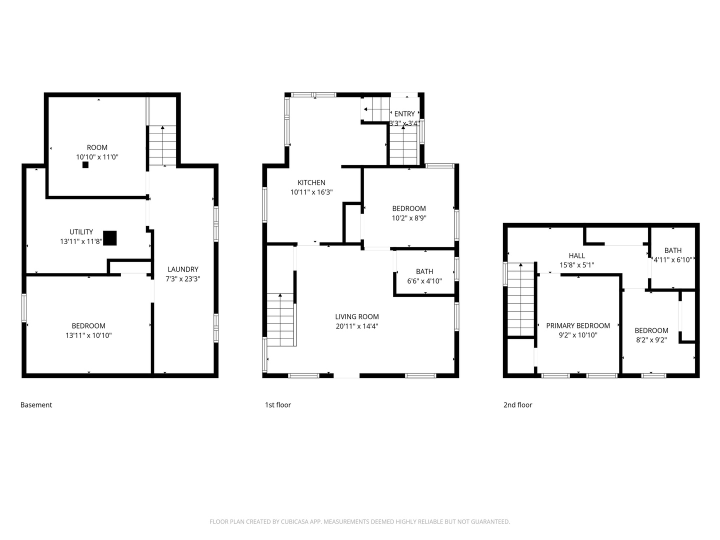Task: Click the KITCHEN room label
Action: click(x=311, y=182)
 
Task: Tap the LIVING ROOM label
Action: click(x=357, y=316)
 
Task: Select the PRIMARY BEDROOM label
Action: click(x=578, y=325)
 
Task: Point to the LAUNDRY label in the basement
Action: click(x=183, y=269)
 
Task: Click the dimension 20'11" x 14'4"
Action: click(x=357, y=326)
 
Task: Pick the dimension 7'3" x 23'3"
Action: click(x=183, y=279)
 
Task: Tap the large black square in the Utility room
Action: click(x=110, y=238)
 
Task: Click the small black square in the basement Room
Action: click(x=85, y=165)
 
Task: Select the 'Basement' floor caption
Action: click(x=36, y=405)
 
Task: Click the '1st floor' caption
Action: click(x=278, y=405)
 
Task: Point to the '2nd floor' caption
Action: click(x=517, y=405)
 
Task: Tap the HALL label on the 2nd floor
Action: click(x=576, y=255)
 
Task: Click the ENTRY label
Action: click(x=404, y=114)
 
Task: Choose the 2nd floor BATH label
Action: click(x=673, y=250)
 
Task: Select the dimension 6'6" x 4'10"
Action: click(x=424, y=281)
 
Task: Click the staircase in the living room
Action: click(x=280, y=319)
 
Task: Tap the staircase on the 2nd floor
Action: click(x=521, y=299)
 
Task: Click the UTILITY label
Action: click(x=81, y=232)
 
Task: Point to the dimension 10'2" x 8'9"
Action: click(x=409, y=218)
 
